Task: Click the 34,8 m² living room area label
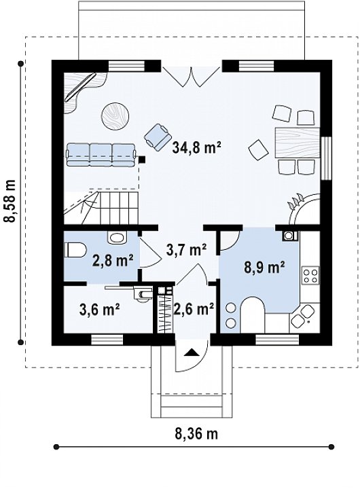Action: coord(196,148)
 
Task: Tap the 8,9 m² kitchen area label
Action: coord(264,268)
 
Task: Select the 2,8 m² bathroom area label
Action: coord(113,261)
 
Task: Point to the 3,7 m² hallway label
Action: coord(186,250)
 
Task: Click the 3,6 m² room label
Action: coord(100,309)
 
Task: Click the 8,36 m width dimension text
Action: coord(196,433)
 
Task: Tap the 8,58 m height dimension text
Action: coord(10,201)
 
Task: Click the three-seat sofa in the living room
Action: coord(101,154)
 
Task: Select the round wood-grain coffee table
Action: coord(115,115)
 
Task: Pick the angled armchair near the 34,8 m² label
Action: coord(158,137)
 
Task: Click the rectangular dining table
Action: coord(298,143)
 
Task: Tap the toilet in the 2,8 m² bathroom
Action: coord(75,250)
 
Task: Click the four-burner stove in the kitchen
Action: coord(310,275)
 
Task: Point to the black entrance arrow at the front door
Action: coord(191,352)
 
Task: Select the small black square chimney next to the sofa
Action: coord(142,160)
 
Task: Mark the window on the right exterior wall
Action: coord(326,158)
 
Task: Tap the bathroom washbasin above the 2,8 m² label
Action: coord(117,238)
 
